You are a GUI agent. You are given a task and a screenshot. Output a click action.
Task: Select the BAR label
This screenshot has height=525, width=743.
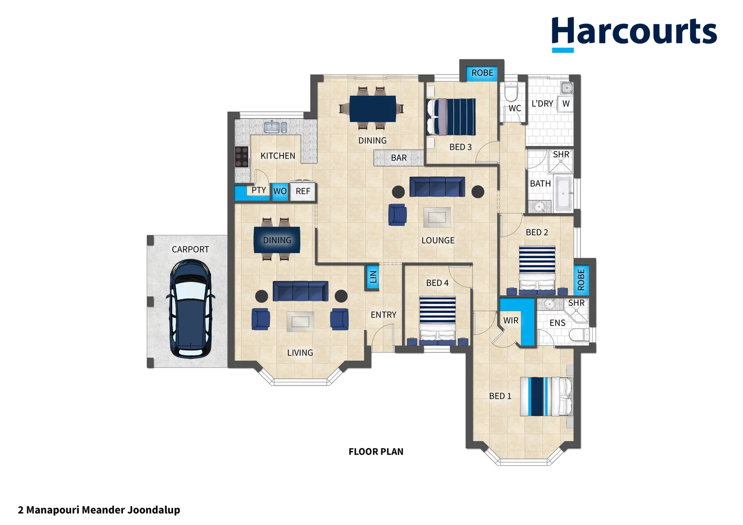click(x=399, y=158)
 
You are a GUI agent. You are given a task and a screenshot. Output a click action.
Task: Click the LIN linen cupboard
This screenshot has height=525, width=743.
click(x=372, y=277)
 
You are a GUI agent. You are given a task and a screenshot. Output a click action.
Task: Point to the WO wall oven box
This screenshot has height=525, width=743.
click(x=280, y=192)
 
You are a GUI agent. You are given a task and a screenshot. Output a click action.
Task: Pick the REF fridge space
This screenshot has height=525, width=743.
click(x=302, y=192)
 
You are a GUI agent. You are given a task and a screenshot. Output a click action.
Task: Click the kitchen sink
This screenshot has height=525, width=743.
click(x=275, y=127)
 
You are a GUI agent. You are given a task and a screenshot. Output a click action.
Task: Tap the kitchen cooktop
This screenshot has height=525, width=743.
click(x=242, y=157)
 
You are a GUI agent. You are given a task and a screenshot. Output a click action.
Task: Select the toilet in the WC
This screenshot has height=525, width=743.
click(x=511, y=91)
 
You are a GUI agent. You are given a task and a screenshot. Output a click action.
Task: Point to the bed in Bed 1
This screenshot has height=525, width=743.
click(x=546, y=396)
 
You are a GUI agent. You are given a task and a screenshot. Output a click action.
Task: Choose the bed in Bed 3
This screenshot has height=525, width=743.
click(x=451, y=117)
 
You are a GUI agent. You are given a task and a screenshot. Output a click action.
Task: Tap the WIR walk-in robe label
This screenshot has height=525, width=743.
click(x=511, y=321)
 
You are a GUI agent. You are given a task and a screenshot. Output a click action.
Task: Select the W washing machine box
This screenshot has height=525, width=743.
click(x=566, y=104)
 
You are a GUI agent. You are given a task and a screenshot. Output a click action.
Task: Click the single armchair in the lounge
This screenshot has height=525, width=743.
click(x=397, y=214)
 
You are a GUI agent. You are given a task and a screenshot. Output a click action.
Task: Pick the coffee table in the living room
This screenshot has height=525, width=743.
click(x=300, y=321)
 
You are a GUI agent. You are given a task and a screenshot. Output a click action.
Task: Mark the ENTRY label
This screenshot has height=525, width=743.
click(x=384, y=315)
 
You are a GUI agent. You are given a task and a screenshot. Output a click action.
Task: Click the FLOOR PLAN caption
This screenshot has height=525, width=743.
click(x=376, y=452)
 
